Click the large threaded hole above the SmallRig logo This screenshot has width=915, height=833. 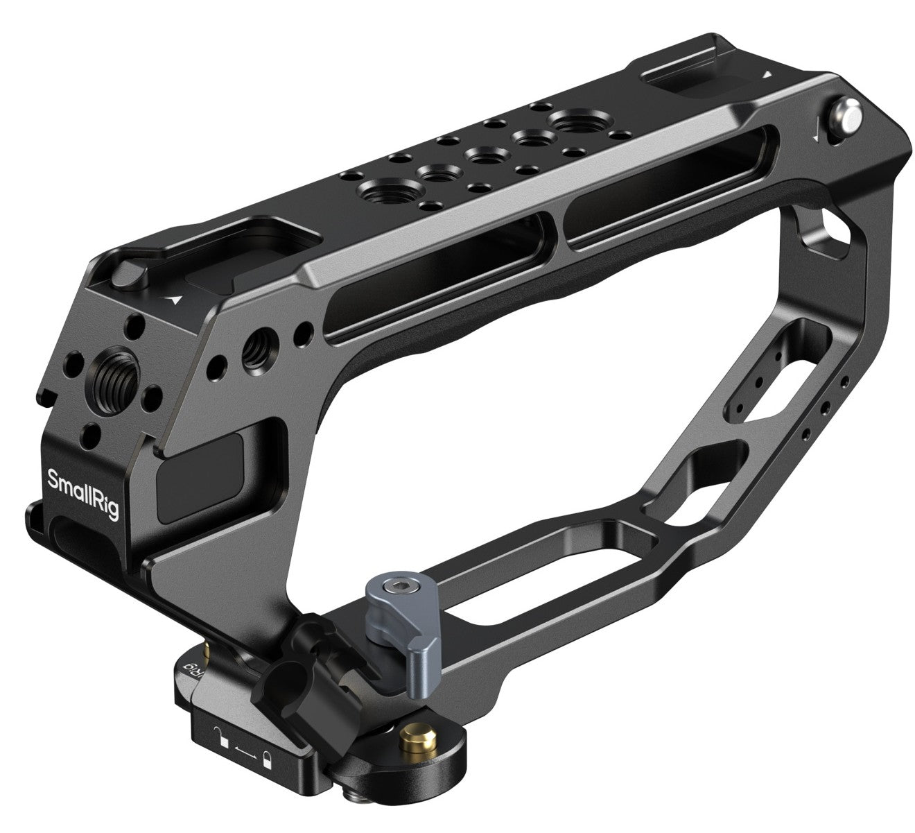coord(111,378)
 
